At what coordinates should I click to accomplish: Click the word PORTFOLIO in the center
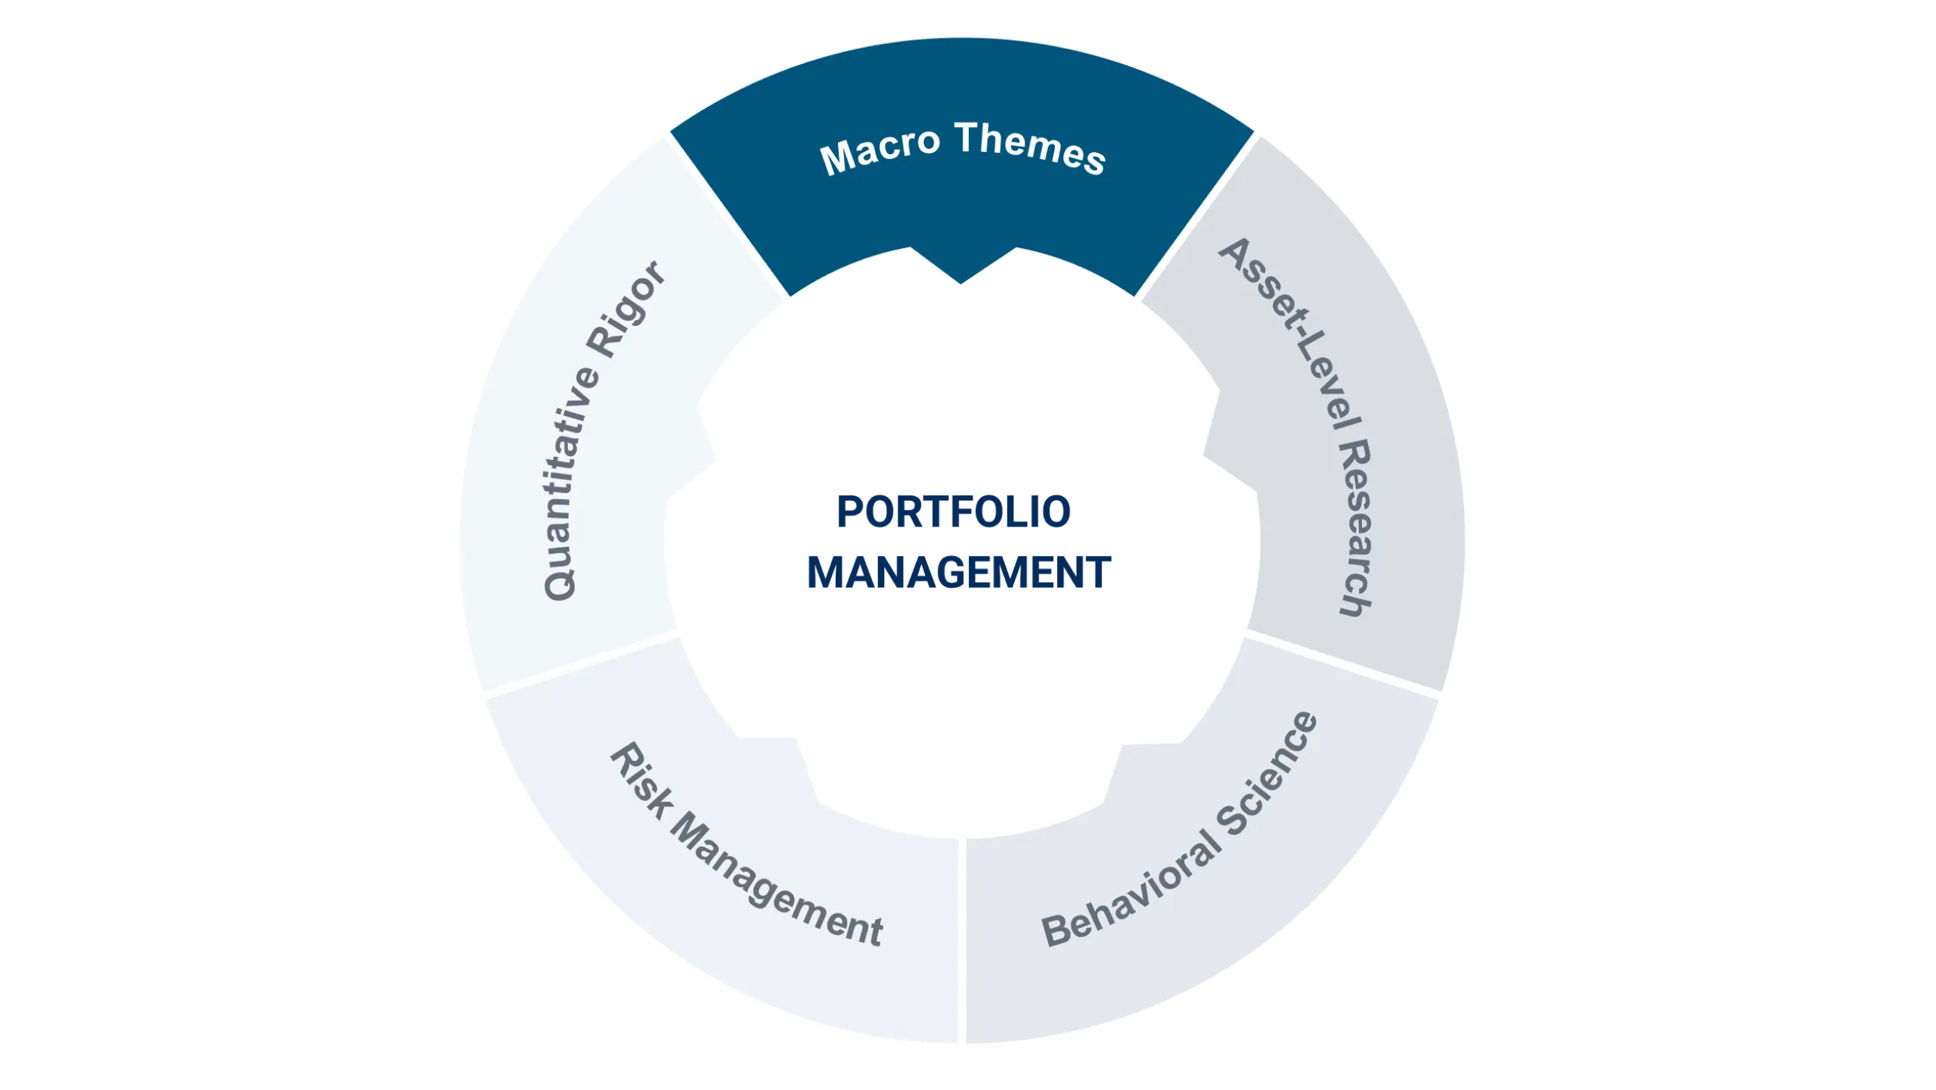[x=954, y=511]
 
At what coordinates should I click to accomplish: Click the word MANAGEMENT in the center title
[x=959, y=572]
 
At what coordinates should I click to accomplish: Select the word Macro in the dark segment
[x=880, y=151]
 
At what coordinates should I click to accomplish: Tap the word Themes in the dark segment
[x=1031, y=148]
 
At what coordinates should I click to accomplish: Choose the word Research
[x=1356, y=528]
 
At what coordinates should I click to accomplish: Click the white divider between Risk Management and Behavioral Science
[x=963, y=941]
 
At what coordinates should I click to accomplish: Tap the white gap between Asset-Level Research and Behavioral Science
[x=1343, y=663]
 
